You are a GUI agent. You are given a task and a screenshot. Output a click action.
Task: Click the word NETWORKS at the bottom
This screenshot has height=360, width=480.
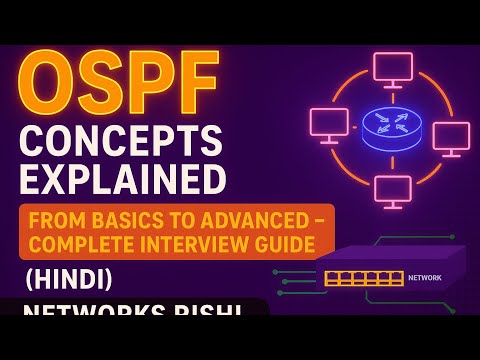click(90, 316)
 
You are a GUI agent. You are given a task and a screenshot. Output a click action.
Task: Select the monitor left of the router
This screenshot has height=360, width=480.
click(329, 124)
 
